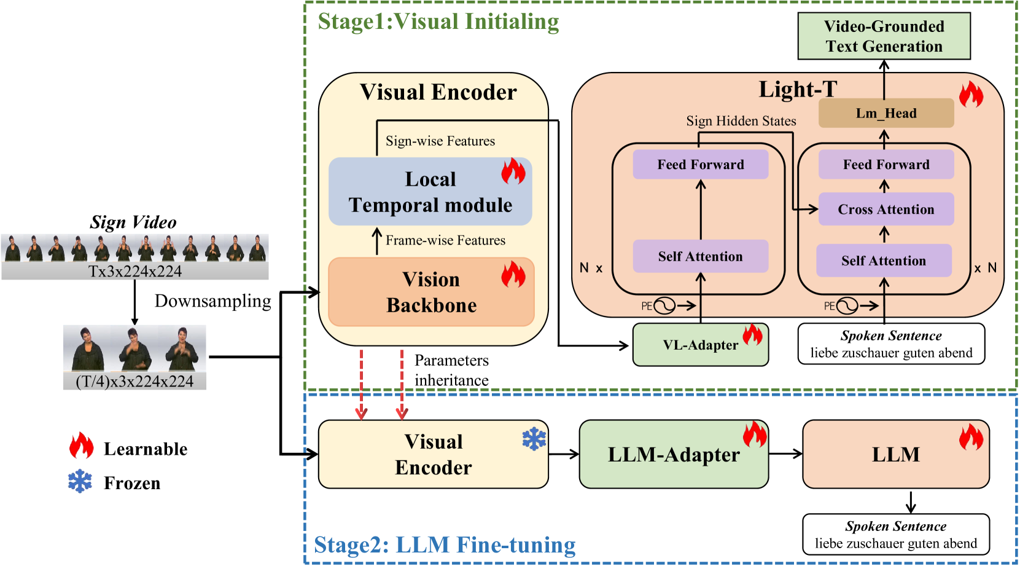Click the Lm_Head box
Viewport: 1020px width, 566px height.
click(x=886, y=113)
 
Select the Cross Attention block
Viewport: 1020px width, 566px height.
click(x=886, y=210)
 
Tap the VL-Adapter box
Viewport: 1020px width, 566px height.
click(x=700, y=345)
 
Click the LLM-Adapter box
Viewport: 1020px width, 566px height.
click(x=674, y=455)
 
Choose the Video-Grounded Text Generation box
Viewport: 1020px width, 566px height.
click(x=884, y=36)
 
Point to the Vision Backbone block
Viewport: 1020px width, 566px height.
click(x=431, y=293)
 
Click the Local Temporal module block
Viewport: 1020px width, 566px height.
click(x=430, y=192)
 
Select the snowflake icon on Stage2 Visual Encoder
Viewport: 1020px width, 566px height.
click(x=534, y=439)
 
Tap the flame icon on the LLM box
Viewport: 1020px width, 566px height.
click(x=971, y=438)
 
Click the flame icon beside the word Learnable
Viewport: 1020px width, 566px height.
click(x=81, y=446)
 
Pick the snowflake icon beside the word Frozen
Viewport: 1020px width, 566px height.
click(x=80, y=482)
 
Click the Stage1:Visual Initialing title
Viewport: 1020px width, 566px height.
click(x=438, y=22)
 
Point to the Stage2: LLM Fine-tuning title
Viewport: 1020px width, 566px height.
click(x=445, y=544)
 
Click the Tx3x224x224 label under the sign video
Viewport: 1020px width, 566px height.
click(x=134, y=271)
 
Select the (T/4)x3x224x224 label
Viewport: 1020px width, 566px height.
click(x=134, y=381)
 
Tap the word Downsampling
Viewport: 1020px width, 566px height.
click(x=212, y=301)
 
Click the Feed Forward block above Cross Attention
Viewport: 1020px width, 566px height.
click(x=886, y=165)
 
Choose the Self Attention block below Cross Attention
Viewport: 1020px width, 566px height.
click(x=883, y=261)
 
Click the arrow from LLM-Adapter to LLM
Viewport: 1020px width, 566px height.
click(x=785, y=454)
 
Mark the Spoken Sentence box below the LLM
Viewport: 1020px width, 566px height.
click(x=895, y=534)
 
